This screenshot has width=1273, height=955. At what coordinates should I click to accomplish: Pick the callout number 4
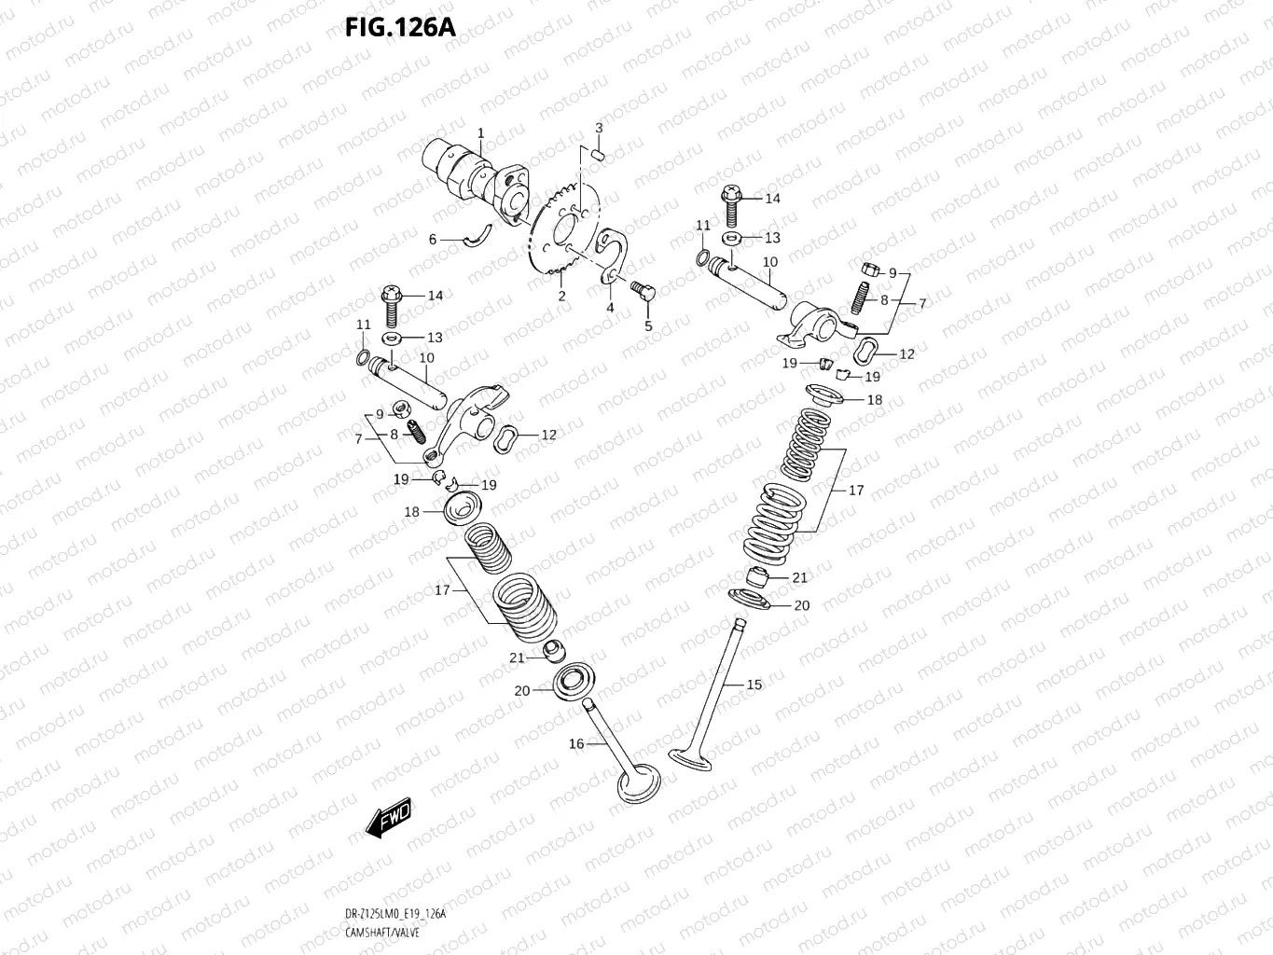click(x=610, y=307)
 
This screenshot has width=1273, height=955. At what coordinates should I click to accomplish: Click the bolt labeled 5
click(x=642, y=290)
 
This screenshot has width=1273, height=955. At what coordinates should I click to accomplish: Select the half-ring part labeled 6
click(x=482, y=237)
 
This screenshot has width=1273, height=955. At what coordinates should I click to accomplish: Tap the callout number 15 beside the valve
click(x=754, y=685)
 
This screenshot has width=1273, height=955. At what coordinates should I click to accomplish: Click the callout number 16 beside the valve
click(x=576, y=743)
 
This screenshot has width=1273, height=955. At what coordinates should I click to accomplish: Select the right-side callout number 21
click(x=799, y=578)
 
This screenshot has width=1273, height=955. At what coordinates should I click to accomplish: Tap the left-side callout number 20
click(x=521, y=690)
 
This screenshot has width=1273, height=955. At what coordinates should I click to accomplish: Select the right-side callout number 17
click(x=856, y=490)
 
